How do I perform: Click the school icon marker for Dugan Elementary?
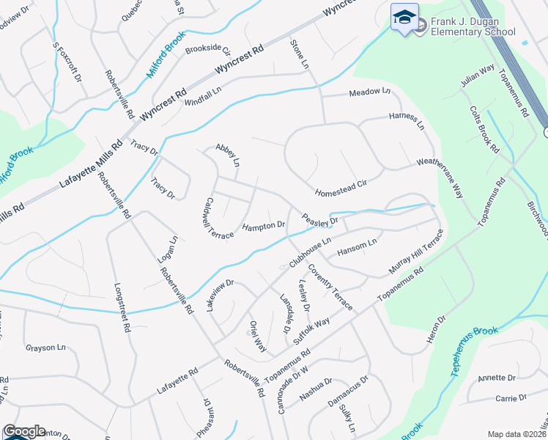(404, 18)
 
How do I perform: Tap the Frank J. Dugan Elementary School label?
(473, 26)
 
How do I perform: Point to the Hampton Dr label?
(263, 225)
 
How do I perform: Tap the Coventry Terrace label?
(330, 287)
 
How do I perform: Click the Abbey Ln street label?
(228, 153)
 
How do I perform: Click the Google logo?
(24, 431)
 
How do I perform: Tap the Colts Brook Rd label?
(484, 129)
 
